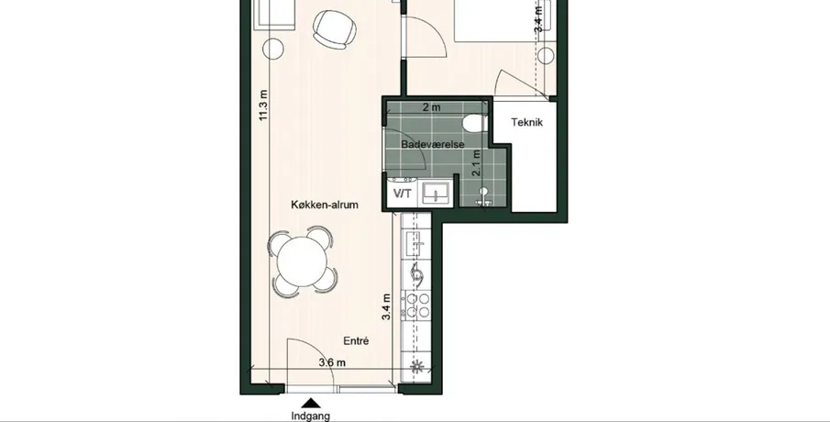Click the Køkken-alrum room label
click(325, 205)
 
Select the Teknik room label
click(526, 122)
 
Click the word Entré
click(356, 341)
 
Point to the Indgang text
click(310, 416)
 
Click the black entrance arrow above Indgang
click(312, 403)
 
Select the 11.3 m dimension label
click(263, 105)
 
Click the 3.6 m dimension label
click(332, 362)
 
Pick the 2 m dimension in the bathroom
click(431, 107)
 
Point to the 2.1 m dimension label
click(476, 163)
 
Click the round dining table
click(303, 261)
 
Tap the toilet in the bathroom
click(474, 123)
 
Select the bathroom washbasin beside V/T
click(437, 193)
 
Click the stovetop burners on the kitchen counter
click(417, 305)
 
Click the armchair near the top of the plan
click(334, 29)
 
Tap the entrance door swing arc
click(317, 352)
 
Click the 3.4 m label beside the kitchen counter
click(386, 307)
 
